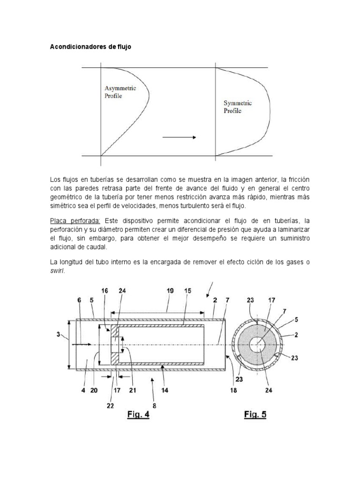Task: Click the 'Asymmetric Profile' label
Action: (x=120, y=92)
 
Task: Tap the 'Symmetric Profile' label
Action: (x=238, y=107)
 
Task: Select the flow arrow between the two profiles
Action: (x=180, y=137)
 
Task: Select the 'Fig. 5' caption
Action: (x=255, y=414)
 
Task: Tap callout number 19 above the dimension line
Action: (x=169, y=291)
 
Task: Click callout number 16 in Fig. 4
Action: (x=105, y=291)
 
